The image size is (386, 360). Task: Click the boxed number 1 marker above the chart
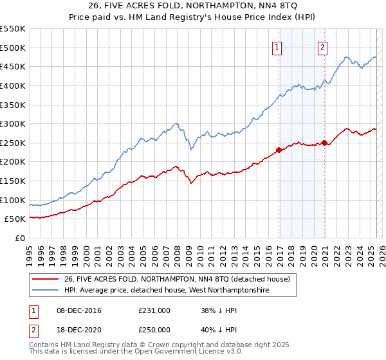point(277,46)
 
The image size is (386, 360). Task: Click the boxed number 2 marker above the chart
point(322,46)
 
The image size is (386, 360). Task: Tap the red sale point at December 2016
point(279,150)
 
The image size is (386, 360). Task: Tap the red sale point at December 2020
point(325,143)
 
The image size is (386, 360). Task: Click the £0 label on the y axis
point(19,238)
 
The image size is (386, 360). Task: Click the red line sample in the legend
point(46,280)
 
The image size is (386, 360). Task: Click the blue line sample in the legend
point(46,291)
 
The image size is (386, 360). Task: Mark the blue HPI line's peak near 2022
point(345,57)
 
